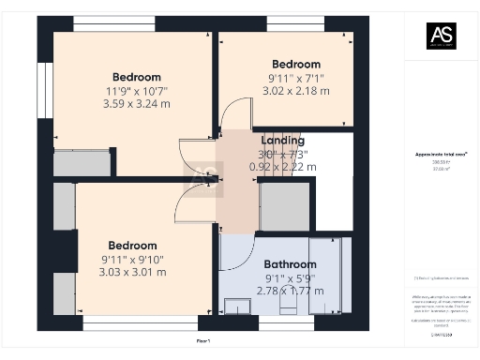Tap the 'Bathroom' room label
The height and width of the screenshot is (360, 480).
click(x=290, y=264)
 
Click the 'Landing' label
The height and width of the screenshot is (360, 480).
click(x=282, y=141)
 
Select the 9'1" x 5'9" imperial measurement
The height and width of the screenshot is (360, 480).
click(x=290, y=277)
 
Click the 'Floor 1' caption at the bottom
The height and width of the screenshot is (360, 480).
click(x=203, y=341)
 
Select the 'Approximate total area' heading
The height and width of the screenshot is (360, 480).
click(x=441, y=154)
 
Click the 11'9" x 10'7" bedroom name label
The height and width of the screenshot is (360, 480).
click(x=136, y=77)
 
